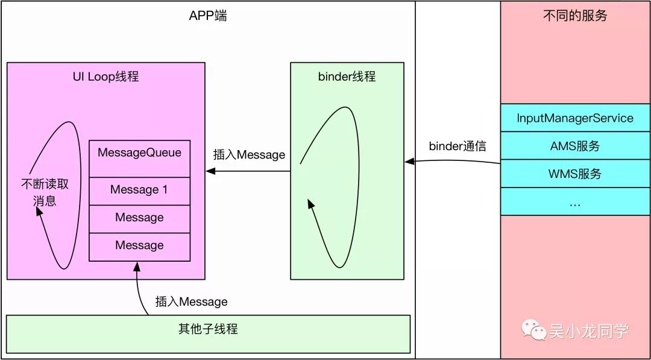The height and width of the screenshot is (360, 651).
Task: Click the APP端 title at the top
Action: [x=208, y=16]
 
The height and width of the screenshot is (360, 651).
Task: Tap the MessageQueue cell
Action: [x=139, y=153]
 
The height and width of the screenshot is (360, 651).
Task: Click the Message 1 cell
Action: [x=139, y=190]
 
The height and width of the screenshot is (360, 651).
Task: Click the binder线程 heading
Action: [x=347, y=77]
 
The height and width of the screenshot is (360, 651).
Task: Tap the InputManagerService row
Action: [x=575, y=118]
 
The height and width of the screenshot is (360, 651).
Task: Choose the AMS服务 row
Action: [x=575, y=146]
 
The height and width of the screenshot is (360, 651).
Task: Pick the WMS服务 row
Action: [x=575, y=174]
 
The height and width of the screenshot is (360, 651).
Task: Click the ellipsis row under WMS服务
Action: [x=575, y=202]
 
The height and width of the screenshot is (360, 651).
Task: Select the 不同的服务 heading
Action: [x=575, y=16]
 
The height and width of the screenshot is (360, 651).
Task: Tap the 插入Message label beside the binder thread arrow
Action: [x=249, y=155]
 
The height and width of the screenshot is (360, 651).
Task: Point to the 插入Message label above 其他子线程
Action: [x=191, y=302]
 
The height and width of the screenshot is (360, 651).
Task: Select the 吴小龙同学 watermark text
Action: [x=589, y=331]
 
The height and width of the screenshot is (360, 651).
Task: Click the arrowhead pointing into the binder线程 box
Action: [x=408, y=162]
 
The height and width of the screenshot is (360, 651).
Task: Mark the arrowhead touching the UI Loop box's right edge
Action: [x=209, y=171]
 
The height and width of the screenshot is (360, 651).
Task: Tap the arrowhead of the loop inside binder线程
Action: [x=310, y=204]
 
